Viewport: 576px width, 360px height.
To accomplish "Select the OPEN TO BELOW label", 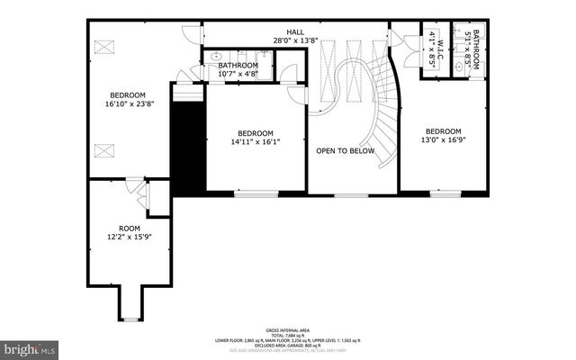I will click(345, 151).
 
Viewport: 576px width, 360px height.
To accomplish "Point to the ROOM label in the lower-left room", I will click(130, 229).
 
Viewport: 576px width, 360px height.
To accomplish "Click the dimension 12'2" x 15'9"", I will click(130, 238).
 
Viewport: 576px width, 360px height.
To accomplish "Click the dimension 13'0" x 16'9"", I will click(443, 139).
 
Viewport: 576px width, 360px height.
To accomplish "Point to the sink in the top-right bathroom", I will click(460, 67).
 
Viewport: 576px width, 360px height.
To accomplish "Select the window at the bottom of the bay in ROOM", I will click(131, 319).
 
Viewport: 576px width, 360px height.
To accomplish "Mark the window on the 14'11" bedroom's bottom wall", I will click(256, 193).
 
